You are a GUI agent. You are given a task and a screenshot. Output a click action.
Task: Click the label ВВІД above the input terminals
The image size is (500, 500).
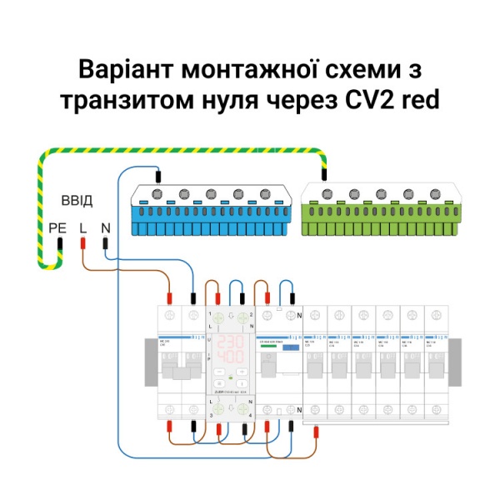point(77,202)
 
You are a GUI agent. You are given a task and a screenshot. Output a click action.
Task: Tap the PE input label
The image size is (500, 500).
point(57,227)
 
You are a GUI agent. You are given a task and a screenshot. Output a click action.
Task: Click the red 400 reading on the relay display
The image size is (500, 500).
point(230,357)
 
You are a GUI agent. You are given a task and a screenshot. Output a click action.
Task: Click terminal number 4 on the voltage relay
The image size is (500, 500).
point(250,414)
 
